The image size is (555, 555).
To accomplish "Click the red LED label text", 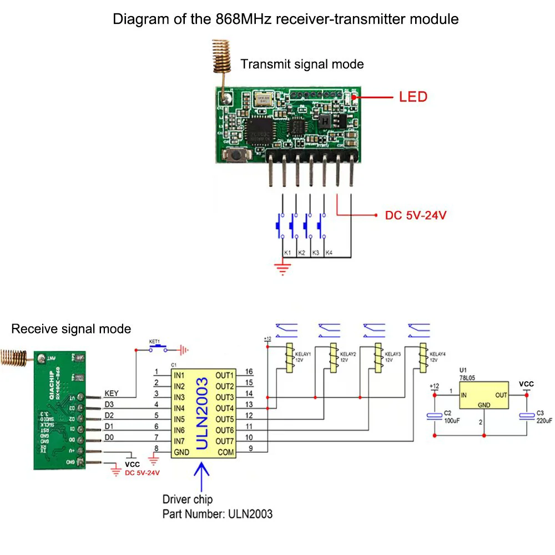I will coord(413,97).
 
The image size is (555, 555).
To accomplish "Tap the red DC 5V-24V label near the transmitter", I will coord(416,215).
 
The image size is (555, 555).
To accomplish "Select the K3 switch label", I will coord(315,253).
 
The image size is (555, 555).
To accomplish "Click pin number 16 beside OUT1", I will coord(249,372).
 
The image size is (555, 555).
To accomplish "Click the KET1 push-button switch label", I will coord(154,341).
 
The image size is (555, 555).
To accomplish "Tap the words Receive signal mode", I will coord(71,329).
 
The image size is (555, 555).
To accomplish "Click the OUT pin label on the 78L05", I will coord(501,395).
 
